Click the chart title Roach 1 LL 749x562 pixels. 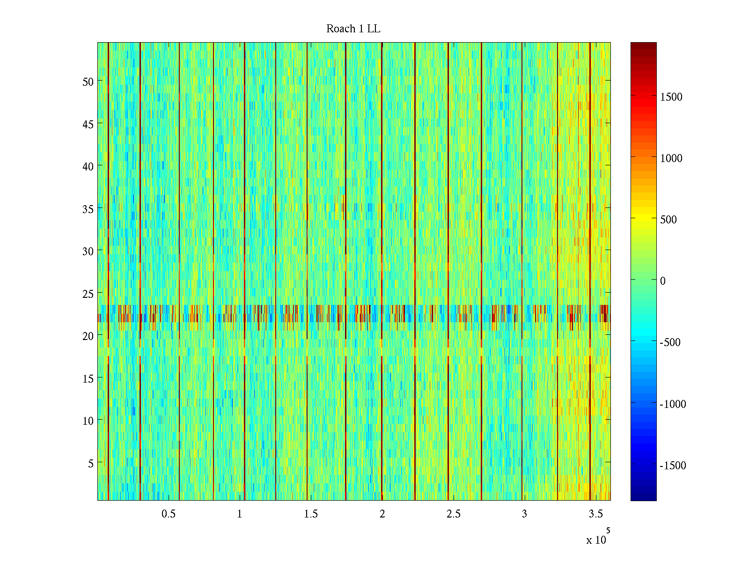click(353, 29)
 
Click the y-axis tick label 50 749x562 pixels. click(88, 81)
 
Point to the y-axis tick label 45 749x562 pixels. click(88, 124)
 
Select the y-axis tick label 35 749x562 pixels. click(88, 209)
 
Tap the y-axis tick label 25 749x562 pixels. click(88, 294)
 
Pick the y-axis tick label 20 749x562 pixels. click(88, 336)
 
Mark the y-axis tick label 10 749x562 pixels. click(88, 421)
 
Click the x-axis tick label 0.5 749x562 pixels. click(169, 514)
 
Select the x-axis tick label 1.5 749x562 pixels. click(311, 514)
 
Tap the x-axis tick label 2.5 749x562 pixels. click(453, 514)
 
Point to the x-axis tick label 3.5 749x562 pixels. click(595, 514)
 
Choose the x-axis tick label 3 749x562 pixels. click(524, 514)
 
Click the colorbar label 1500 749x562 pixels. click(671, 97)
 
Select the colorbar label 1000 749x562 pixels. click(671, 158)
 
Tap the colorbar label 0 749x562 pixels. click(662, 281)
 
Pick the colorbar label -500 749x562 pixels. click(670, 342)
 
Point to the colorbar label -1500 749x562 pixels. click(673, 466)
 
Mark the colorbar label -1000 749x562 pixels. click(673, 404)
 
